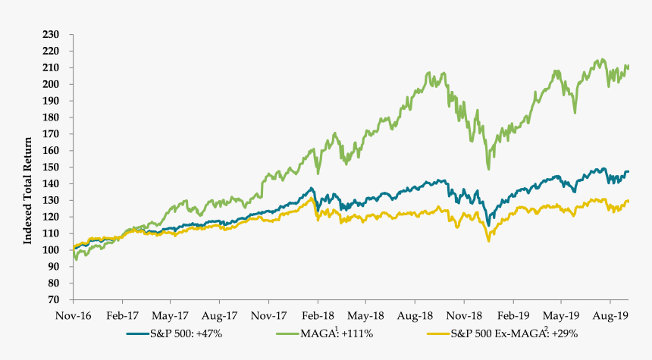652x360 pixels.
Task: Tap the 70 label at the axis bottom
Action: tap(55, 299)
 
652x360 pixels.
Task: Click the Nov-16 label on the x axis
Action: tap(73, 312)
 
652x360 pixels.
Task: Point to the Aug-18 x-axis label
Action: tap(414, 312)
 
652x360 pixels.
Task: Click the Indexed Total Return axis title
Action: tap(28, 167)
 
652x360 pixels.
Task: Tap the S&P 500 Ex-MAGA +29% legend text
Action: tap(522, 332)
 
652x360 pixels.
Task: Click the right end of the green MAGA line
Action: tap(628, 67)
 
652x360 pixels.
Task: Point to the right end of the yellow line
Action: tap(628, 201)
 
